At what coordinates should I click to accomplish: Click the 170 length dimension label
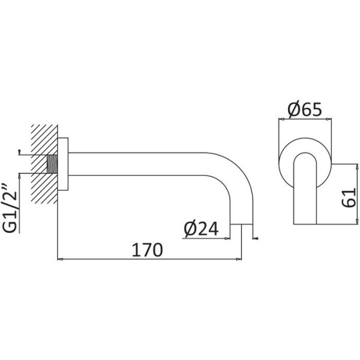(148, 250)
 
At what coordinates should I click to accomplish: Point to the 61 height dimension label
(349, 197)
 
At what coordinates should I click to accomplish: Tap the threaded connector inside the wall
(52, 164)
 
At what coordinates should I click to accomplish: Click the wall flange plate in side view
(63, 164)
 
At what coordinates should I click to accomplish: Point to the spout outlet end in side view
(241, 224)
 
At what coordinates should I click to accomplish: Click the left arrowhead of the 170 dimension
(60, 259)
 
